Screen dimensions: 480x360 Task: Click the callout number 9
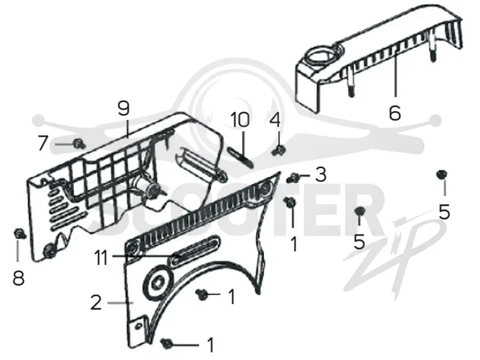coord(124,108)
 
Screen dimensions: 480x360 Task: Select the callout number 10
coord(240,119)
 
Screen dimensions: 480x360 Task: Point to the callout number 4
coord(275,119)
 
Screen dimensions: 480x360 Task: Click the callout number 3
coord(320,175)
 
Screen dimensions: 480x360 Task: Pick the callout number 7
coord(43,143)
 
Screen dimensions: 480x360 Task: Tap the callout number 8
coord(19,278)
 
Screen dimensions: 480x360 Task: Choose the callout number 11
coord(101,258)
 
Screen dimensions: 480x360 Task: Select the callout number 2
coord(96,302)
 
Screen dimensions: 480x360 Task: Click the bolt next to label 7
coord(79,143)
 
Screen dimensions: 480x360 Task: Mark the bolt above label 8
coord(20,234)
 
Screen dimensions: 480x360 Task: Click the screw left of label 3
coord(293,177)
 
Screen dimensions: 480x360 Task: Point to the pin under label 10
coord(241,157)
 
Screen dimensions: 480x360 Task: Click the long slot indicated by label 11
coord(195,250)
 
